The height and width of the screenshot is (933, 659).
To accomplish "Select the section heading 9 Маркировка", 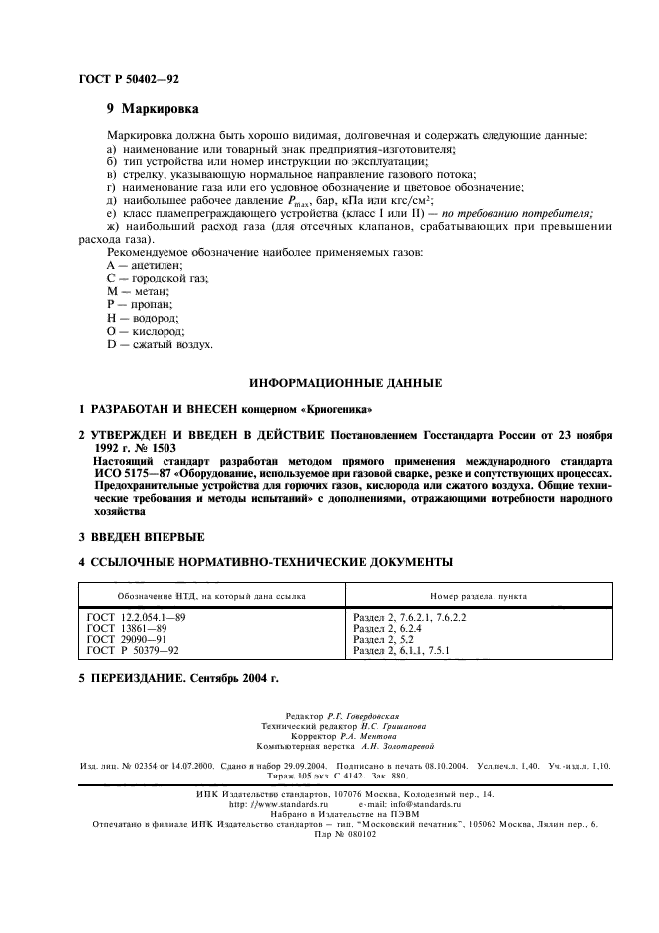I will click(x=152, y=108).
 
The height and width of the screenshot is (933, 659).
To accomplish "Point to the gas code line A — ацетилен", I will click(x=147, y=266).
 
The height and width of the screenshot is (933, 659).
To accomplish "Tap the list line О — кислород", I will click(x=146, y=330).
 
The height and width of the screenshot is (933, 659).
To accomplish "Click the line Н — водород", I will click(x=145, y=317).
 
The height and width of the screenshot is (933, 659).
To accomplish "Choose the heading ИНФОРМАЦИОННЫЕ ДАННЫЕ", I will click(x=345, y=382).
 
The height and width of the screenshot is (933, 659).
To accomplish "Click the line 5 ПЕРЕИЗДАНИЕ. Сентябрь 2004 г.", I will click(x=178, y=678).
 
